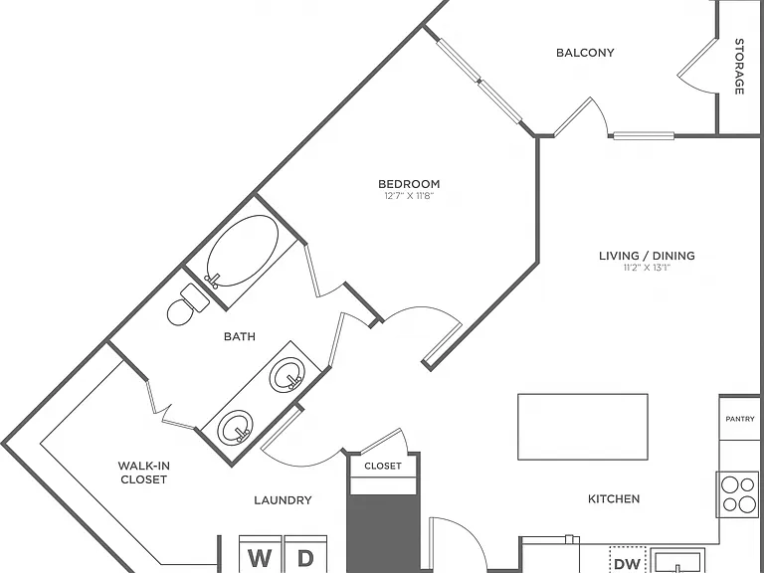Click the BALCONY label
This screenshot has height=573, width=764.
tap(585, 53)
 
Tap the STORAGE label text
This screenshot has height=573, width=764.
tap(739, 67)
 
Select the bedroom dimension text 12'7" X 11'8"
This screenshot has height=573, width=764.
tap(409, 196)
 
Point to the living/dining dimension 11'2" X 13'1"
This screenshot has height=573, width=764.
tap(647, 268)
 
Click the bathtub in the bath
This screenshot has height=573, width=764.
tap(242, 251)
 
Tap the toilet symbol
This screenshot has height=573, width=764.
tap(188, 304)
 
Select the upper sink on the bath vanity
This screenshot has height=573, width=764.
tap(287, 374)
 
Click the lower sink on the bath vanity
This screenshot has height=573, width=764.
tap(236, 427)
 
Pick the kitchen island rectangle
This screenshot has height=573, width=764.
tap(583, 427)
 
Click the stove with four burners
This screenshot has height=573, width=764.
tap(737, 494)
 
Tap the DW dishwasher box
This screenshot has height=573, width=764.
tap(628, 560)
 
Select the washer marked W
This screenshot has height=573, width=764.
tap(261, 554)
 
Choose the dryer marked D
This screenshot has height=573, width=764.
tap(305, 554)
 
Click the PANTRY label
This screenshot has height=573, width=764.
tap(740, 419)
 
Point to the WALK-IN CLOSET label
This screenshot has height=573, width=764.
tap(143, 473)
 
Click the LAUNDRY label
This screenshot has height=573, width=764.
tap(283, 500)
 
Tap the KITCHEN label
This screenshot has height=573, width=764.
tap(614, 499)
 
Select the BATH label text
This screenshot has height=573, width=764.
tap(240, 336)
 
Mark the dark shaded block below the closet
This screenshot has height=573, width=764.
tap(383, 533)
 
